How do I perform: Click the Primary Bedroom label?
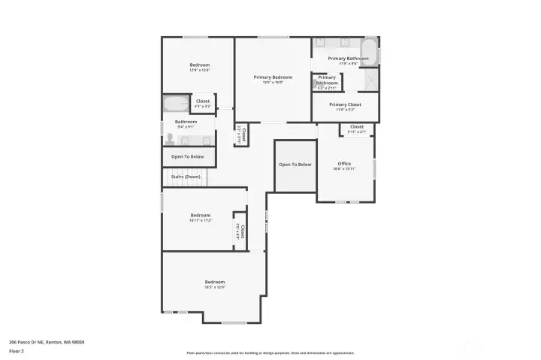(x=272, y=77)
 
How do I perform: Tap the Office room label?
(x=344, y=163)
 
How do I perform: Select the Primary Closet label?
(x=345, y=104)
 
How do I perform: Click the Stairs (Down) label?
(x=186, y=177)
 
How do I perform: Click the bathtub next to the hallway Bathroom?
(x=177, y=104)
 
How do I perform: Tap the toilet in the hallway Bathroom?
(x=171, y=139)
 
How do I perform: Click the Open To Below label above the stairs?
(x=188, y=156)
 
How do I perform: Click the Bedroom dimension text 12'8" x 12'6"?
(x=199, y=71)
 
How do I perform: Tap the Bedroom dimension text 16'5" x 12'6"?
(x=215, y=287)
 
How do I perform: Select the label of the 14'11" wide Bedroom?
(x=200, y=215)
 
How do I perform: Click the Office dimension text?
(x=344, y=169)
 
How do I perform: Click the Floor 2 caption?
(x=17, y=351)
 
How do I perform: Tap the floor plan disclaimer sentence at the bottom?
(x=270, y=352)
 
